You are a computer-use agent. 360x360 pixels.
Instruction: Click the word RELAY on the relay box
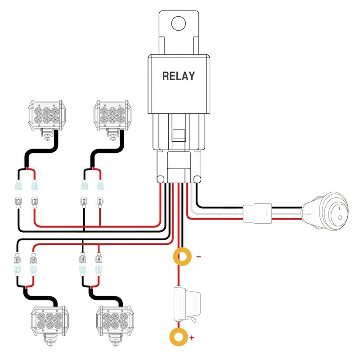[x=179, y=76]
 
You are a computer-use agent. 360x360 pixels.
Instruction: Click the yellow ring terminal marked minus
[x=182, y=257]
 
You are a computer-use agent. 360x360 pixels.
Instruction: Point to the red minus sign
[x=198, y=257]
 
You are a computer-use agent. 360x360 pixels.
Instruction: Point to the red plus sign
[x=193, y=337]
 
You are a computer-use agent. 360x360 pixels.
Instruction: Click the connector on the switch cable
[x=257, y=212]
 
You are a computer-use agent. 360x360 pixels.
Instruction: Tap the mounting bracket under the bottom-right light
[x=112, y=342]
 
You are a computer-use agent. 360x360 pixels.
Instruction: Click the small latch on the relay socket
[x=179, y=134]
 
